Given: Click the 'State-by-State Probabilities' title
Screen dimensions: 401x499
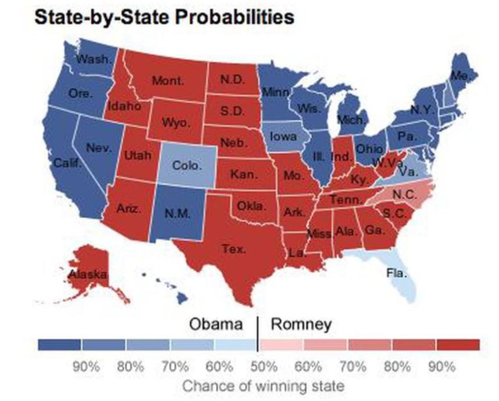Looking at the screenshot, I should click(164, 17).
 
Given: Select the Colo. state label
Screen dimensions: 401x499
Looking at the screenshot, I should click(187, 165).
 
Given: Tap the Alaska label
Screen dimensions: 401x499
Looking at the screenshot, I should click(87, 273).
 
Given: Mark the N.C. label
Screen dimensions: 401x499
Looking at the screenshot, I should click(404, 194).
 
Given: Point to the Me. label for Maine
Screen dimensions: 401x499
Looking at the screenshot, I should click(460, 76).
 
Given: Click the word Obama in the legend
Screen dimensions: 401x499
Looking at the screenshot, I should click(216, 324).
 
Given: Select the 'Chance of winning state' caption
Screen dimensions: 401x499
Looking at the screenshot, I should click(263, 385).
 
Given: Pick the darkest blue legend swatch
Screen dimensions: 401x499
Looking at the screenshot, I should click(59, 345).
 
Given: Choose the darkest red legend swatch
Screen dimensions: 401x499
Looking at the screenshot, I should click(458, 345).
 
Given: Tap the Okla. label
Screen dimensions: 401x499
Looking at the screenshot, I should click(251, 206).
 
